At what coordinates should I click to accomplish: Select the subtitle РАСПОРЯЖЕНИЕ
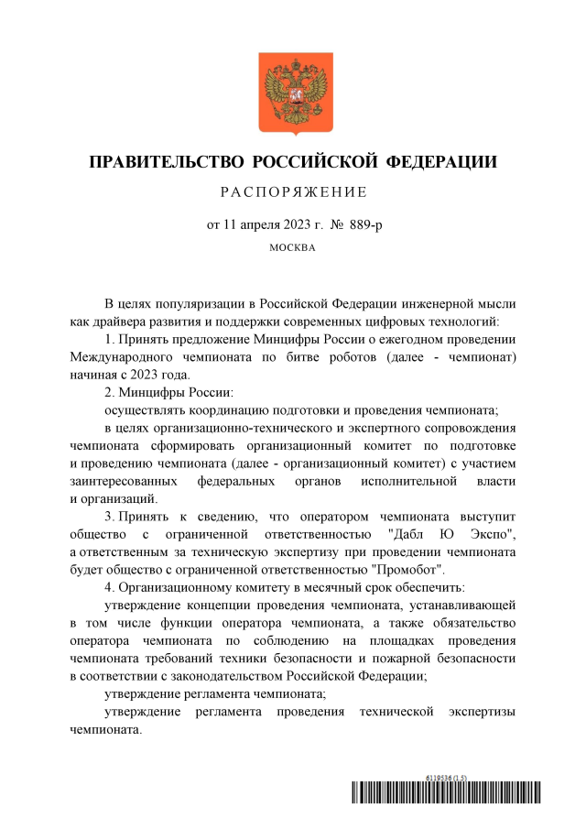tap(293, 192)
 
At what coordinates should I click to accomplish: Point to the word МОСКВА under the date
tap(293, 247)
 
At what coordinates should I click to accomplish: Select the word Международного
tap(120, 356)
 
